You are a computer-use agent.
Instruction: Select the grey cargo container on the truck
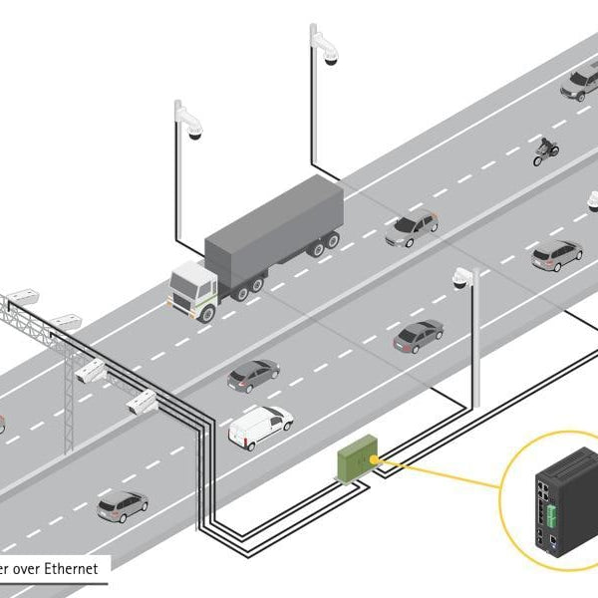[x=274, y=224]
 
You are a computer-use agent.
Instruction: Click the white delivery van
[x=260, y=426]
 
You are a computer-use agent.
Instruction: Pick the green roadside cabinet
[x=354, y=461]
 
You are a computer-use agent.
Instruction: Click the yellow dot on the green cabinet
[x=375, y=457]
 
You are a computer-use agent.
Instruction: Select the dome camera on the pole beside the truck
[x=191, y=132]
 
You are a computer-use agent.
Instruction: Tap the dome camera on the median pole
[x=461, y=280]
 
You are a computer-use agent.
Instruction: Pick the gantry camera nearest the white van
[x=142, y=402]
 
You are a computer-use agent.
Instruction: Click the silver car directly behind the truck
[x=411, y=228]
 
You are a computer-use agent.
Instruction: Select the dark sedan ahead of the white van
[x=253, y=375]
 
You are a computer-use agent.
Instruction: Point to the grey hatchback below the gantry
[x=123, y=505]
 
